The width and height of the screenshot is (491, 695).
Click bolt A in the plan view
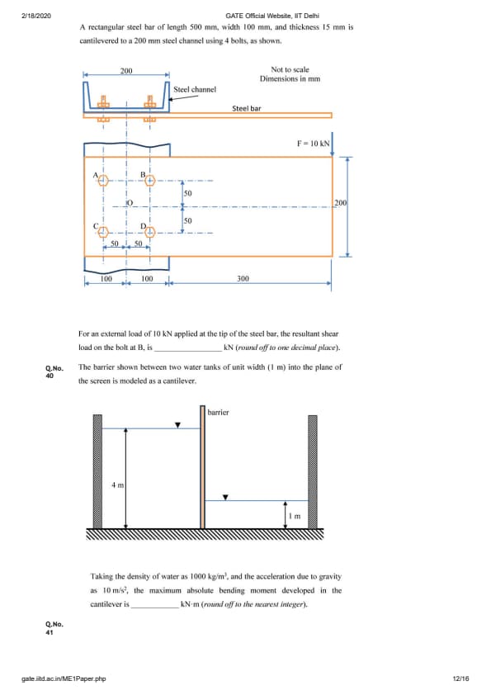pyautogui.click(x=103, y=181)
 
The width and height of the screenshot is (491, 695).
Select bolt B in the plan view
pyautogui.click(x=150, y=181)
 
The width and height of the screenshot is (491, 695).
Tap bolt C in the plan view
pyautogui.click(x=103, y=232)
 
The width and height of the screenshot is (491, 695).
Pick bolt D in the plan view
pyautogui.click(x=150, y=232)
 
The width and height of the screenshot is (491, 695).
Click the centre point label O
pyautogui.click(x=130, y=203)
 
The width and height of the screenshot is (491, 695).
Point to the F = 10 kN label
pyautogui.click(x=314, y=143)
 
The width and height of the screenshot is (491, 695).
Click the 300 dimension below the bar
pyautogui.click(x=243, y=278)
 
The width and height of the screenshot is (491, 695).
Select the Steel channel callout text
pyautogui.click(x=195, y=89)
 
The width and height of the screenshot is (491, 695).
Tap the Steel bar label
pyautogui.click(x=247, y=108)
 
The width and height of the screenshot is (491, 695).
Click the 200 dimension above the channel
pyautogui.click(x=126, y=70)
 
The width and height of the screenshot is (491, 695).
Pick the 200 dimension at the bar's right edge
pyautogui.click(x=340, y=202)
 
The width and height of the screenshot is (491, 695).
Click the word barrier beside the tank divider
pyautogui.click(x=218, y=412)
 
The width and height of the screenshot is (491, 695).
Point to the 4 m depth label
pyautogui.click(x=117, y=485)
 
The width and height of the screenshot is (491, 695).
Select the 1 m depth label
pyautogui.click(x=295, y=516)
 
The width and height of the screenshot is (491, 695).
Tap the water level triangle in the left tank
pyautogui.click(x=177, y=425)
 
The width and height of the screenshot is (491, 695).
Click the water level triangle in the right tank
pyautogui.click(x=225, y=498)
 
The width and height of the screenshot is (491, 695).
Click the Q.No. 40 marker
pyautogui.click(x=54, y=372)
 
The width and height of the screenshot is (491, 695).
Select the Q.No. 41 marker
pyautogui.click(x=54, y=628)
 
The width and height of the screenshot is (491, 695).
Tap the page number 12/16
pyautogui.click(x=460, y=678)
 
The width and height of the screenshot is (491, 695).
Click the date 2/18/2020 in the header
pyautogui.click(x=36, y=16)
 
